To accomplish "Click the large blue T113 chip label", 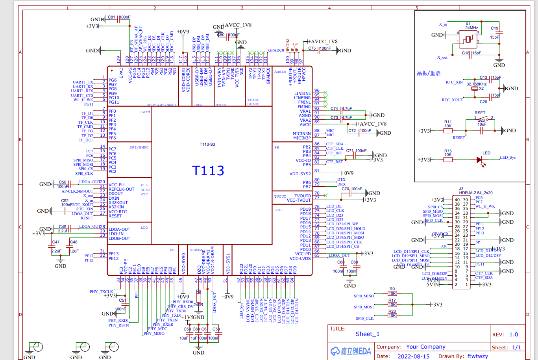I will click(208, 171).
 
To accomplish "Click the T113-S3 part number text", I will click(207, 144).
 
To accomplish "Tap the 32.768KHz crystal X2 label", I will click(476, 84).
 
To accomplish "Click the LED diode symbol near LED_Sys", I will click(479, 160).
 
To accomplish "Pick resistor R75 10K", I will click(448, 160).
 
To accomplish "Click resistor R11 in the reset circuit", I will click(448, 130).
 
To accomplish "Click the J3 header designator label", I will click(461, 189).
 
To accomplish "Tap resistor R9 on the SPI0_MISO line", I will click(392, 293).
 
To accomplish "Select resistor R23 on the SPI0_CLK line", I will click(392, 316).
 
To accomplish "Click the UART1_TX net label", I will click(83, 82).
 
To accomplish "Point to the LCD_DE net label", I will click(334, 206).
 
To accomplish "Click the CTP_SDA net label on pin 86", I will click(335, 144).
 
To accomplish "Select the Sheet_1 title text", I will click(368, 334).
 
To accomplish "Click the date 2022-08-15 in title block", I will click(413, 356).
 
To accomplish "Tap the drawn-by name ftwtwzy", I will click(478, 356).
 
